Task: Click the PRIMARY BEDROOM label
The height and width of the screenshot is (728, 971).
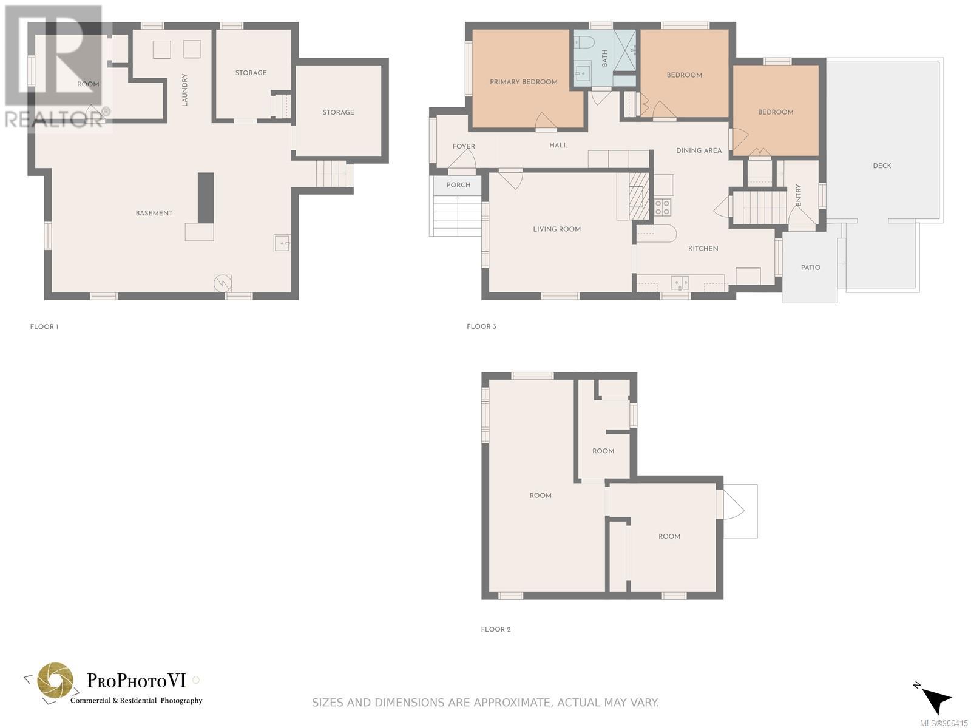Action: pos(523,82)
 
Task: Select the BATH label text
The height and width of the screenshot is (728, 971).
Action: pos(604,58)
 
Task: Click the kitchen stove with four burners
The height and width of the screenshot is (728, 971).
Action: pos(662,207)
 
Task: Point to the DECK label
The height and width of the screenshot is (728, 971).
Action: pos(882,166)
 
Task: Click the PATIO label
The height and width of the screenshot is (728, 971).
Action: pos(810,268)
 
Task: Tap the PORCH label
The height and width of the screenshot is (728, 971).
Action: pos(458,185)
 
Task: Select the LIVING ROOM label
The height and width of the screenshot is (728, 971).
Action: pos(557,229)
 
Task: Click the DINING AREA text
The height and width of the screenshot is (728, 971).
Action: pos(699,150)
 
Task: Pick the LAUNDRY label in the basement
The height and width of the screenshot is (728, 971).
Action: pos(185,90)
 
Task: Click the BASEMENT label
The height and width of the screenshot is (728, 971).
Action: pos(154,213)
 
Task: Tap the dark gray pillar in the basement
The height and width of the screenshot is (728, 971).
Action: pos(205,198)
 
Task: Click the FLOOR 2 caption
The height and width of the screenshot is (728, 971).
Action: pos(495,629)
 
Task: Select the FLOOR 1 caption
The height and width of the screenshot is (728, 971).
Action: pos(44,326)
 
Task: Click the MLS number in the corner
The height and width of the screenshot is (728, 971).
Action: pos(944,723)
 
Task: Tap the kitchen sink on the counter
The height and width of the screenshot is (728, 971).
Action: pos(680,283)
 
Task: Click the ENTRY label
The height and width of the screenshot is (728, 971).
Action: pos(798,195)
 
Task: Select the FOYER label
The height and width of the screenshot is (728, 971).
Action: pos(464,146)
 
